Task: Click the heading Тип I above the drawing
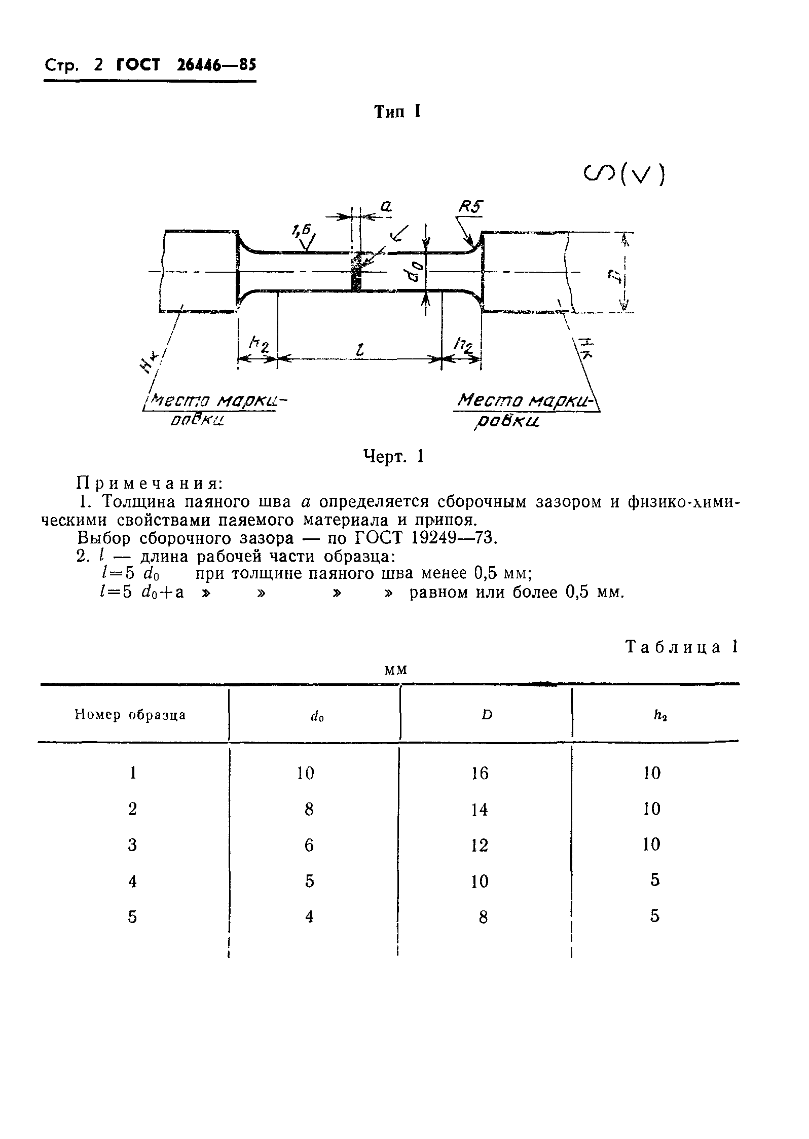click(397, 112)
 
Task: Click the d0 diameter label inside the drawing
click(413, 270)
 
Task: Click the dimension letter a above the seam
click(386, 206)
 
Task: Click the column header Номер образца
click(130, 715)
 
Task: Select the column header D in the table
click(487, 715)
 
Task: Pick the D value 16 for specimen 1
click(480, 773)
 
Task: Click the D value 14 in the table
click(480, 810)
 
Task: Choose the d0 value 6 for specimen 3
click(309, 846)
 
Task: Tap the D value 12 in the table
click(480, 846)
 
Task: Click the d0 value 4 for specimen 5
click(309, 916)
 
